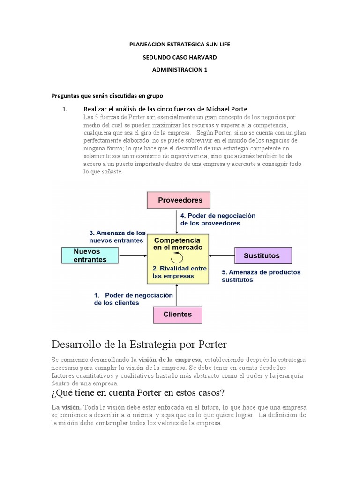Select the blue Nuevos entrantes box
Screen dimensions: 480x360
90,255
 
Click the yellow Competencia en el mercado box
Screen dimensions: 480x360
178,259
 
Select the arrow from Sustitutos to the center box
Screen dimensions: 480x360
222,255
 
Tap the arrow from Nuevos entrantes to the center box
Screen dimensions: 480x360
132,255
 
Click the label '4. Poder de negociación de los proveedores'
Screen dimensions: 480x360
218,219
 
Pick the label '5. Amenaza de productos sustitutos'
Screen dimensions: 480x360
261,276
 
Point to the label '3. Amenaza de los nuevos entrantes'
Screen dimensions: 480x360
117,236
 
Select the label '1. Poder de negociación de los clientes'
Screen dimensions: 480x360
133,299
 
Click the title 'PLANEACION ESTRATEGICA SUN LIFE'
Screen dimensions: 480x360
180,44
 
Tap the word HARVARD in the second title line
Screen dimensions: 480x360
201,57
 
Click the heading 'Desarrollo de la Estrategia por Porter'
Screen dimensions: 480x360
139,345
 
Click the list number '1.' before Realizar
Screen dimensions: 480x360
66,109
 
